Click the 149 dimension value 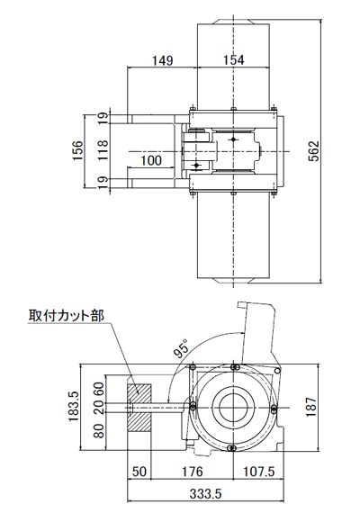pyautogui.click(x=163, y=60)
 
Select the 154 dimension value pyautogui.click(x=233, y=60)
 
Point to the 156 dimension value pyautogui.click(x=78, y=149)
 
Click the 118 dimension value pyautogui.click(x=103, y=149)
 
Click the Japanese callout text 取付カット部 pyautogui.click(x=66, y=316)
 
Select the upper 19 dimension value pyautogui.click(x=103, y=116)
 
